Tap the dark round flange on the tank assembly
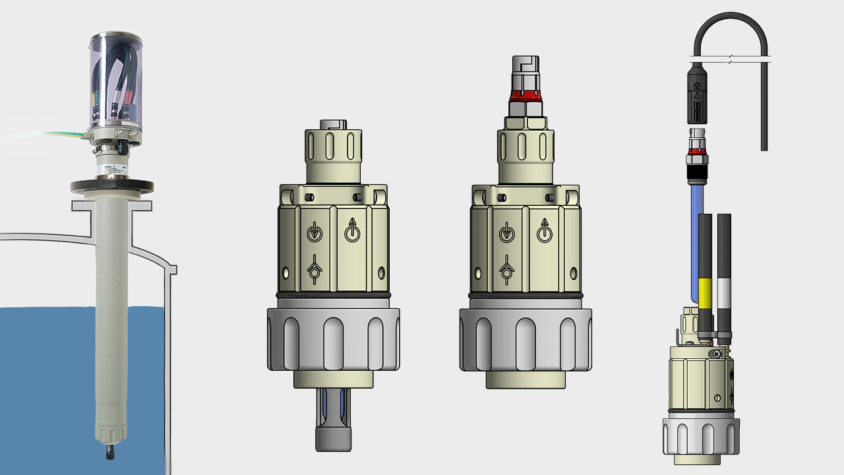point(112,187)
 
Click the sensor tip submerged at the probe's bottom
point(107,453)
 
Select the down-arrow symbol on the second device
point(315,232)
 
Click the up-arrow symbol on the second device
point(353,232)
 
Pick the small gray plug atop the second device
point(333,124)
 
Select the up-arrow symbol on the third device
point(545,232)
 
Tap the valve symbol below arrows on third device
point(507,269)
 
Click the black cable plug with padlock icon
point(697,92)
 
